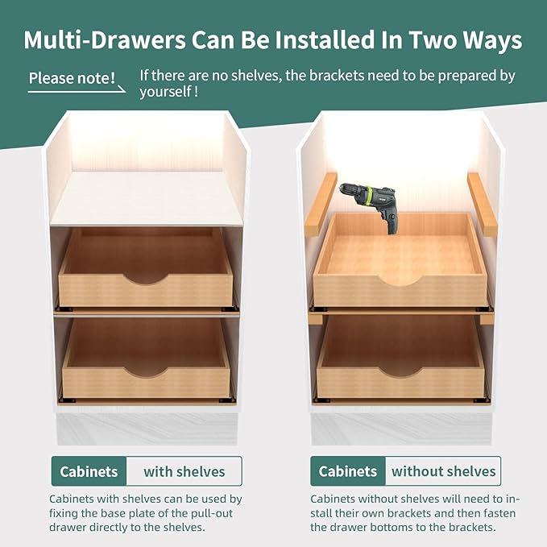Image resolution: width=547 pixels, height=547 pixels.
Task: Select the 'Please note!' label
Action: tap(72, 78)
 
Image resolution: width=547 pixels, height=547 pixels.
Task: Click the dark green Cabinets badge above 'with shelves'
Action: tap(89, 471)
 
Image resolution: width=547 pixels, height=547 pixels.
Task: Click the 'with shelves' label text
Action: tap(184, 471)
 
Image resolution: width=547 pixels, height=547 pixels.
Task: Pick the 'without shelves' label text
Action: tap(443, 471)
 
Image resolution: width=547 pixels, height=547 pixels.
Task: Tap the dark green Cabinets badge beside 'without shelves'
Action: tap(348, 471)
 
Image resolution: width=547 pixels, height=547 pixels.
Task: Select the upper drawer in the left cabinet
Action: tap(145, 270)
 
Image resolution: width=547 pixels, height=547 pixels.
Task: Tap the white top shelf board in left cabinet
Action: tap(147, 197)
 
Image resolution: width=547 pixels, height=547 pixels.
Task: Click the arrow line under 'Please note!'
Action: tap(77, 89)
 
